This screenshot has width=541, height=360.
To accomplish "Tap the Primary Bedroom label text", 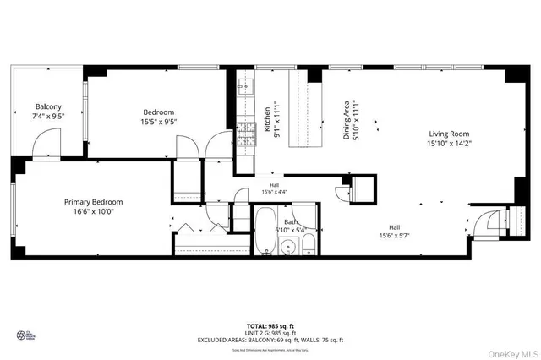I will pos(94,202).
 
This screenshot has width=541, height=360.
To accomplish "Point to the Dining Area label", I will pos(346,118).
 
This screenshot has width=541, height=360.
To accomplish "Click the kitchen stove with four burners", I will pos(246,133).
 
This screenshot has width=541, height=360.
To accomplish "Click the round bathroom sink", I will pos(288,248).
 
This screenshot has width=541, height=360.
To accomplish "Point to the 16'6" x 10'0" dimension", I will pos(94,213).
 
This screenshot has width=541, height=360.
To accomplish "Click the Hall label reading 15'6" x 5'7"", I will pos(394,232).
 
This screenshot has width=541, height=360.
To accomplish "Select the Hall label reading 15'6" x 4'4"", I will pos(274,189).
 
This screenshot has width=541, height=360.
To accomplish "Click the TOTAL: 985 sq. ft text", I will pos(270,325).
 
